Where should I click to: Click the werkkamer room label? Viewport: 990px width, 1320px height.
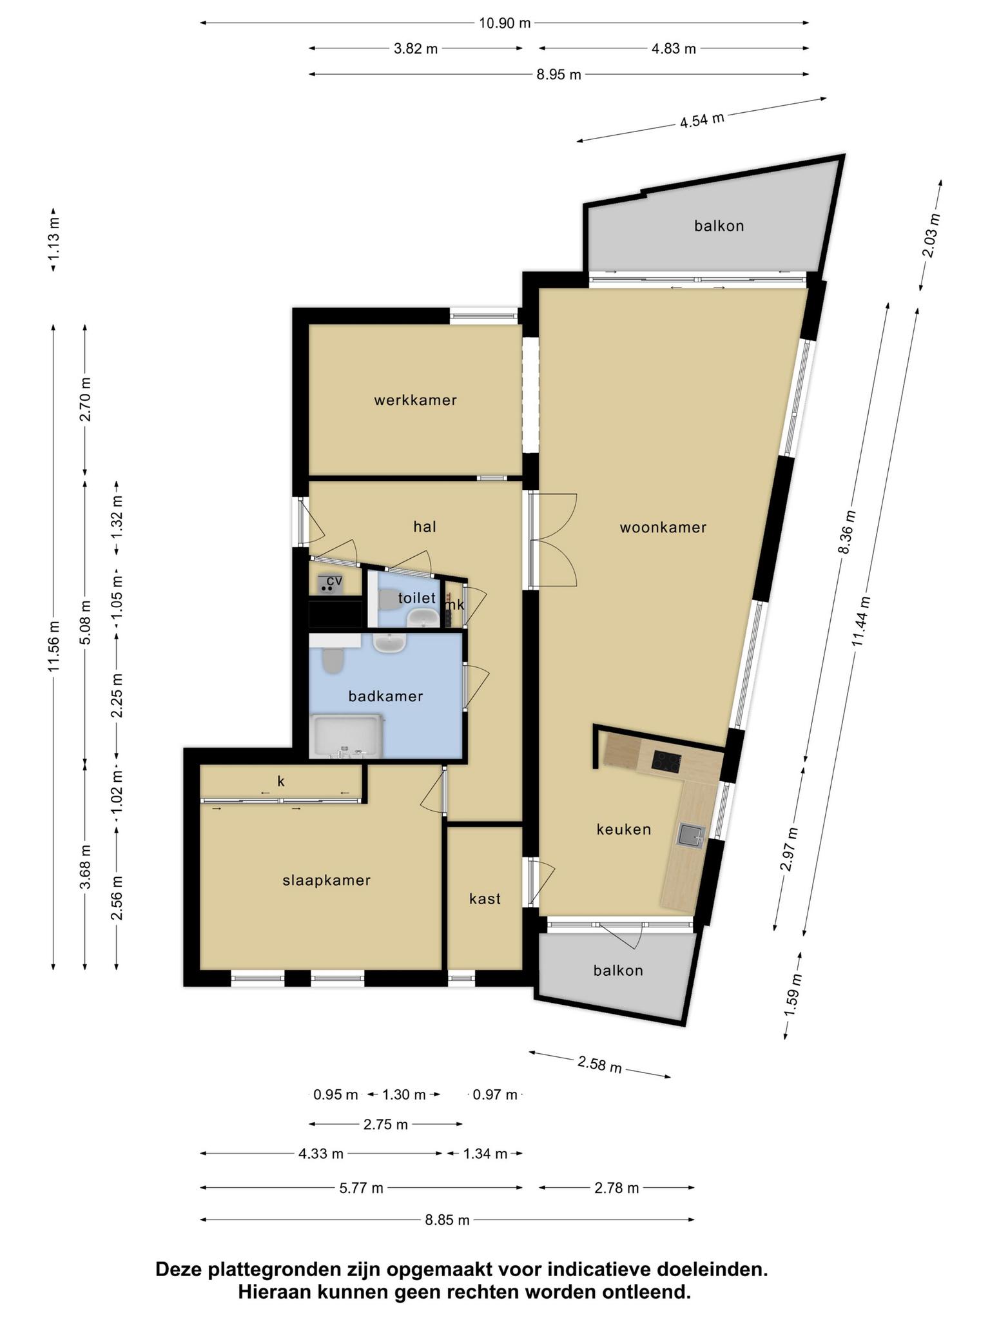(x=416, y=400)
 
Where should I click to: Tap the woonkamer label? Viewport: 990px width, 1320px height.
(x=663, y=528)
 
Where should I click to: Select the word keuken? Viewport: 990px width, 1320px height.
(x=624, y=830)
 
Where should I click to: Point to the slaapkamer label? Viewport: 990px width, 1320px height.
(x=327, y=880)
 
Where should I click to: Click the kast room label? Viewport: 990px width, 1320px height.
(x=485, y=899)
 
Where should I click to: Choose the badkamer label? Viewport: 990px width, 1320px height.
(x=385, y=696)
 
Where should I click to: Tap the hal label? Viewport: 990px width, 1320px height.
(x=425, y=527)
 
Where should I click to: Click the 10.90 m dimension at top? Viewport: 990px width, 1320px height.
(x=505, y=23)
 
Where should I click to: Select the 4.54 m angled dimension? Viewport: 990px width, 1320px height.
(x=702, y=120)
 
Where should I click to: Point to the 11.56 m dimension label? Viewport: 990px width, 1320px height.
(x=53, y=646)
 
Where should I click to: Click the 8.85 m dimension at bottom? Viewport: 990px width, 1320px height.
(x=447, y=1220)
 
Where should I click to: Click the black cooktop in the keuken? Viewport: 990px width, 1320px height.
(x=668, y=761)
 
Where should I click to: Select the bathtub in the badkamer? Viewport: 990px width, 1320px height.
(x=346, y=735)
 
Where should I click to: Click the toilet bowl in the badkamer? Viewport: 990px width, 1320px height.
(x=333, y=661)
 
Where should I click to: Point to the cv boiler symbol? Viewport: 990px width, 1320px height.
(x=329, y=584)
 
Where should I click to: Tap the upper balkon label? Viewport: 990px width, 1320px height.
(x=719, y=226)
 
